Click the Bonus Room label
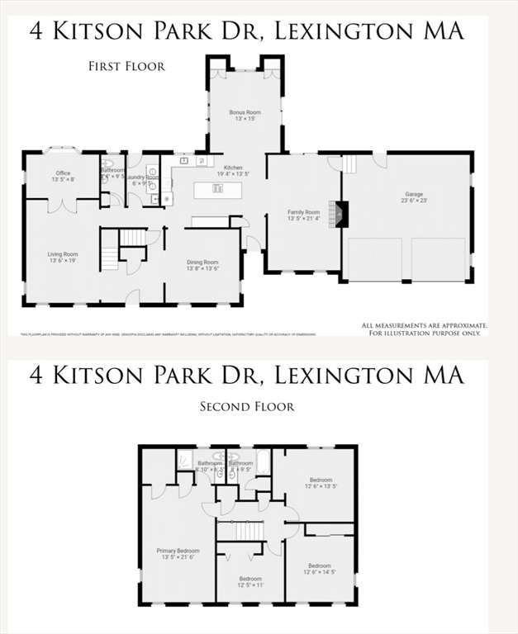245,112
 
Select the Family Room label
302,211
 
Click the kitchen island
218,188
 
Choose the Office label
63,173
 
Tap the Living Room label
62,254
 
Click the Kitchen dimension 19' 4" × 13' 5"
233,174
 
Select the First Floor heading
126,66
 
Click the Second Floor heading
247,406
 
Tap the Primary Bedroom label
178,550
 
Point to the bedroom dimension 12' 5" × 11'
250,585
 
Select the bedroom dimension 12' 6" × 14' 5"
321,572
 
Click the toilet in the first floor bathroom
107,163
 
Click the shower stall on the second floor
185,459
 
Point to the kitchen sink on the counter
184,161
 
